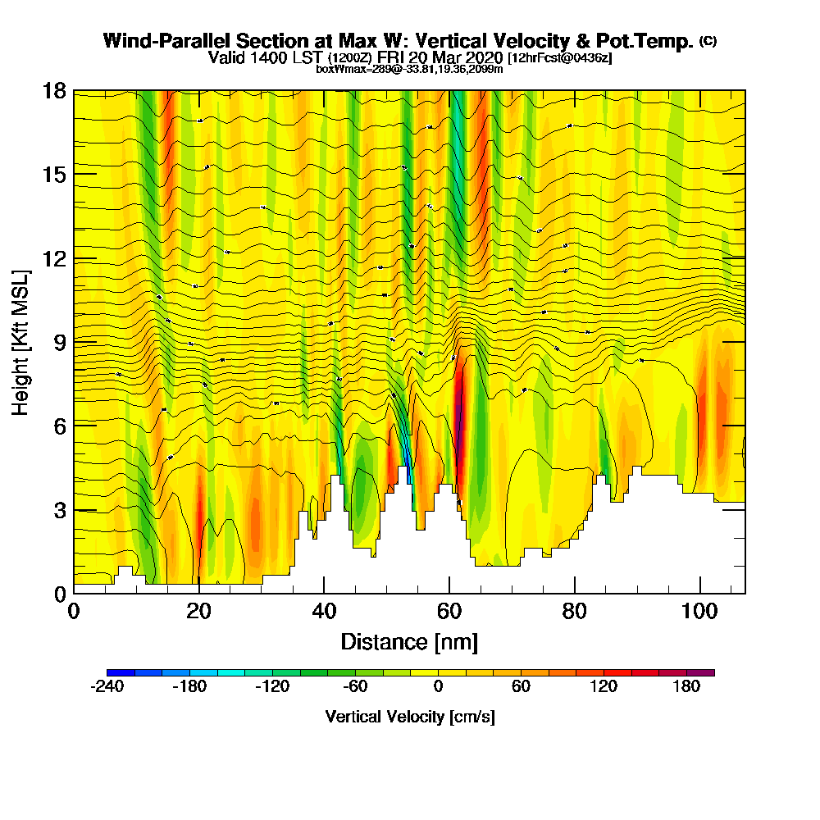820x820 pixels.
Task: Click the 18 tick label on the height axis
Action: click(54, 90)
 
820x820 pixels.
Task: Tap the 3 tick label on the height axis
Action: click(59, 509)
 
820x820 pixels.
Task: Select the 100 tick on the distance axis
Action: click(700, 593)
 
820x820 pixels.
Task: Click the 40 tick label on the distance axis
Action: click(324, 611)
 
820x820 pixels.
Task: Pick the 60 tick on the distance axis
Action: click(449, 593)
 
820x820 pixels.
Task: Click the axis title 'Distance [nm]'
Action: click(409, 641)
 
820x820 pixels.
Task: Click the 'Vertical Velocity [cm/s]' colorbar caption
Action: click(410, 717)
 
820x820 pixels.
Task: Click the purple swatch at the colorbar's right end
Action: click(708, 672)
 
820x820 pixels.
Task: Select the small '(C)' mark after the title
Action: click(708, 40)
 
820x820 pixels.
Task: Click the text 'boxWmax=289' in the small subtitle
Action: click(348, 69)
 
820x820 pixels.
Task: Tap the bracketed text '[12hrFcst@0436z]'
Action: click(560, 58)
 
